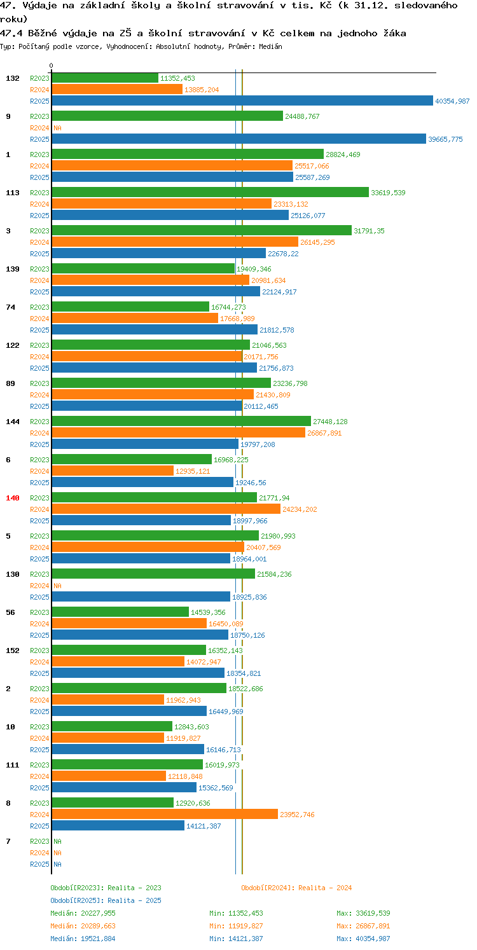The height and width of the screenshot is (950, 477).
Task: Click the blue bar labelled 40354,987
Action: coord(242,100)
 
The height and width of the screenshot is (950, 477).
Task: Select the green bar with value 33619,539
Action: coord(210,192)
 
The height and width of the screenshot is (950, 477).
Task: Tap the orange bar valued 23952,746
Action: coord(165,814)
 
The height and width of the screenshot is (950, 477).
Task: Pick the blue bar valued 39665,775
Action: coord(239,139)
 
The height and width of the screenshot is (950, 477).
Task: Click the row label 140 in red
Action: coord(13,498)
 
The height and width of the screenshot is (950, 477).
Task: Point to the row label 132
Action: coord(13,78)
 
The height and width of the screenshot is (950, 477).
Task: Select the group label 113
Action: coord(13,193)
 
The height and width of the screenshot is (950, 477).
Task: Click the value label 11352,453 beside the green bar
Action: coord(177,78)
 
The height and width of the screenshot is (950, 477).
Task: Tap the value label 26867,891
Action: coord(324,433)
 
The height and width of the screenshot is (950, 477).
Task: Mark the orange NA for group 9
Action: coord(57,128)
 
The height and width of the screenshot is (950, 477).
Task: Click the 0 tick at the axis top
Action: coord(51,65)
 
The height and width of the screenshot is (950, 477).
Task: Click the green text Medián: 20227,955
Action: coord(83,913)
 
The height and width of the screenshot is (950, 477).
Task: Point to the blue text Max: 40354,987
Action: coord(363,939)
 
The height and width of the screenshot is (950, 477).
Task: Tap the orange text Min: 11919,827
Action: coord(236,926)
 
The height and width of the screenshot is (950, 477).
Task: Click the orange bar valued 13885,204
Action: coord(117,89)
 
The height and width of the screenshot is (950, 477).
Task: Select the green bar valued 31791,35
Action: coord(202,230)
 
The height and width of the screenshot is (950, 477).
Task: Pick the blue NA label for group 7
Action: coord(57,864)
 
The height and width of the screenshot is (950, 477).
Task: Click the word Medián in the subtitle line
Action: coord(270,46)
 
